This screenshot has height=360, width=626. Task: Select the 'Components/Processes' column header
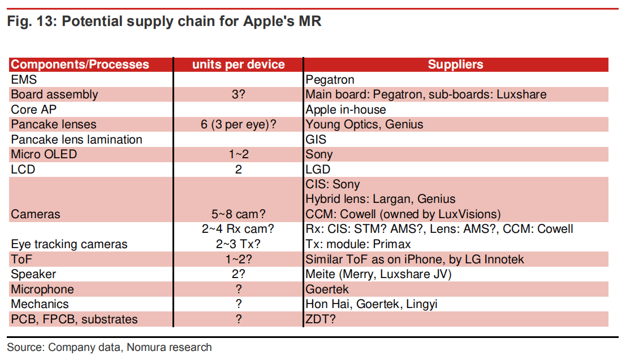80,64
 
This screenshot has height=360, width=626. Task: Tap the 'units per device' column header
238,64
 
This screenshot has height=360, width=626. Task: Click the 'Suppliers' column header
455,64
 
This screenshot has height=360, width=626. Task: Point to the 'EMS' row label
24,80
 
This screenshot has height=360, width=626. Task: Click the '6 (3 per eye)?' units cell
238,124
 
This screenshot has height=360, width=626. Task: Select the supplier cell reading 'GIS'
316,140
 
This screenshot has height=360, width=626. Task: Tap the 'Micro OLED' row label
44,154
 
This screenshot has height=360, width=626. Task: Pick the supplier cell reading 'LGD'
318,170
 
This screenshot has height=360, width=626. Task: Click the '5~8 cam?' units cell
238,214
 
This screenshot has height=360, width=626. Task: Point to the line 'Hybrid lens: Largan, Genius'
380,199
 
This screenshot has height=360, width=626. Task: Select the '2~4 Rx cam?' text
238,229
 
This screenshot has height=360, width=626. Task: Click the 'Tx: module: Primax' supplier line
358,244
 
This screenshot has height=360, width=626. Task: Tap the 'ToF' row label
21,259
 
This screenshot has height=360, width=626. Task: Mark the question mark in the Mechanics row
238,304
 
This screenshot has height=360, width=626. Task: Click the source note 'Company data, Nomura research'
130,347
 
